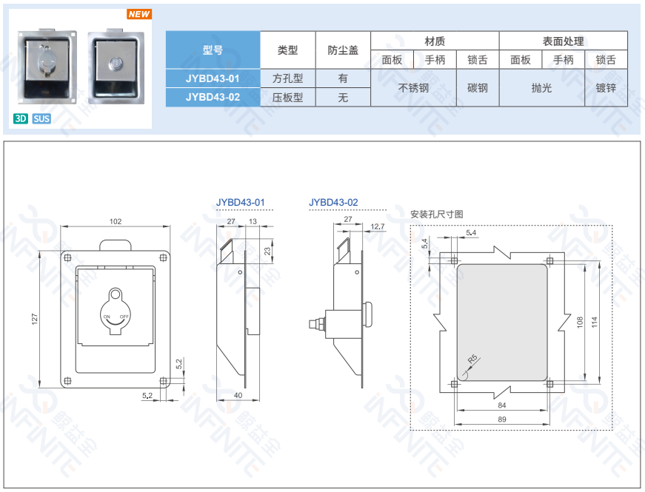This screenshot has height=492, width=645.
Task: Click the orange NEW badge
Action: (x=139, y=14)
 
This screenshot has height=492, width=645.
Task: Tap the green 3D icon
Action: (x=21, y=119)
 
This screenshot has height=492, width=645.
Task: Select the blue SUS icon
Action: (x=41, y=119)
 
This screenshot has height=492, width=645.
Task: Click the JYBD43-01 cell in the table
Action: (x=213, y=78)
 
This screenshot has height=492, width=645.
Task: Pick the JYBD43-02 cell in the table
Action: (x=213, y=97)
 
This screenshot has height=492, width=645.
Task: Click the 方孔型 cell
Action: (x=287, y=78)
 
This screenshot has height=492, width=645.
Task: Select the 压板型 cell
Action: (x=287, y=98)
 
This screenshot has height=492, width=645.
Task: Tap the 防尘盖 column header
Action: (x=343, y=50)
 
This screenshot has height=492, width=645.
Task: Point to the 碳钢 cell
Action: (x=478, y=87)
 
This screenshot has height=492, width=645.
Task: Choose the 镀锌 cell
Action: (x=606, y=87)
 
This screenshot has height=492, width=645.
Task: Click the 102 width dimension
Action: (x=116, y=221)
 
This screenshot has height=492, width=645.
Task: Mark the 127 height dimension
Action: (x=35, y=319)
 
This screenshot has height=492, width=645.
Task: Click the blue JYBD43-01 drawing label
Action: (x=241, y=202)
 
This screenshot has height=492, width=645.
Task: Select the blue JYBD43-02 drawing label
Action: (x=333, y=202)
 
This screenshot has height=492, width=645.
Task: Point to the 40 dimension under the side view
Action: (x=238, y=395)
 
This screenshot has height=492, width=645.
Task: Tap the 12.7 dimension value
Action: (x=378, y=226)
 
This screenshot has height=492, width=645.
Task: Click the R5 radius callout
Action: (x=472, y=359)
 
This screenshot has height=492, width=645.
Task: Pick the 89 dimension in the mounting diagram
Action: (x=502, y=419)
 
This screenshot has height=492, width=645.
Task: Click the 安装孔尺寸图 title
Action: (x=437, y=214)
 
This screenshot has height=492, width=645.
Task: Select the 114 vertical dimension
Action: (x=594, y=322)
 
